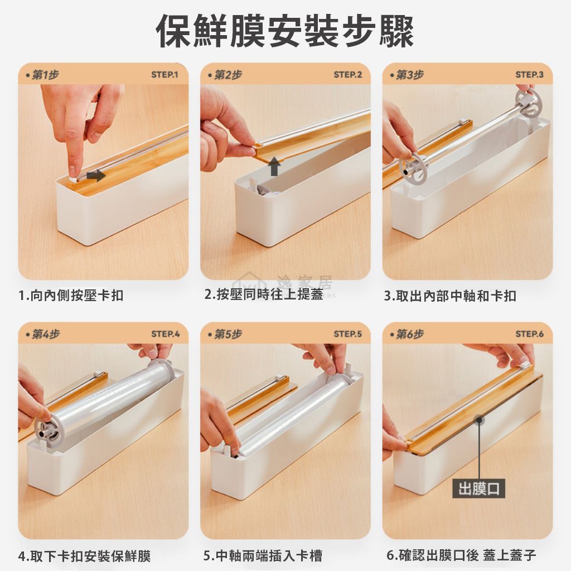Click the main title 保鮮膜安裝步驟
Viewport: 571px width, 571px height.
click(x=285, y=32)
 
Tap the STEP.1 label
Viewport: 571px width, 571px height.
click(x=164, y=75)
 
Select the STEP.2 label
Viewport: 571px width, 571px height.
click(x=348, y=75)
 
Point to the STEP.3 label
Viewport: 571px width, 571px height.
click(x=530, y=75)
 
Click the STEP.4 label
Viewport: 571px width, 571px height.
click(x=165, y=334)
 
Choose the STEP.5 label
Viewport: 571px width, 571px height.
click(x=348, y=334)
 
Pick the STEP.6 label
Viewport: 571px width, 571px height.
click(x=530, y=334)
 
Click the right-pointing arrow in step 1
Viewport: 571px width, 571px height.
click(x=96, y=176)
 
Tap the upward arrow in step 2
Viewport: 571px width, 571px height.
click(x=274, y=166)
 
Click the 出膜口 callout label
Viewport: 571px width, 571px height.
click(x=478, y=488)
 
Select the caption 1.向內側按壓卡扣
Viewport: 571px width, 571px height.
click(x=71, y=296)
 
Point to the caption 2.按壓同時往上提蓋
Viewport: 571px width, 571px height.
click(x=264, y=294)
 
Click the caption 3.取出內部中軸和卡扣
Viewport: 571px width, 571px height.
click(x=451, y=296)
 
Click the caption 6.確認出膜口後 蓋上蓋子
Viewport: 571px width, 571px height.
click(x=461, y=555)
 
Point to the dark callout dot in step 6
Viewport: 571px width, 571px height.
click(x=480, y=420)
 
